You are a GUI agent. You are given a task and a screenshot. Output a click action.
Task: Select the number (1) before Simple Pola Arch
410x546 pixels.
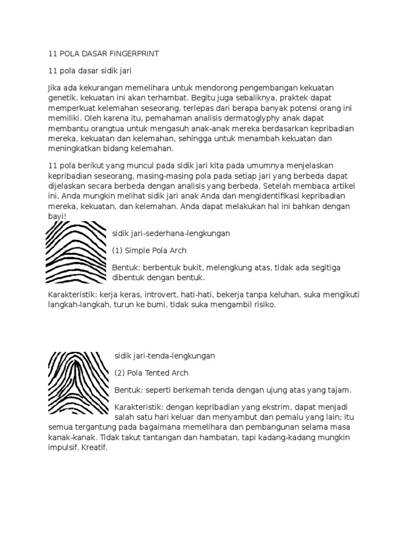[x=119, y=250]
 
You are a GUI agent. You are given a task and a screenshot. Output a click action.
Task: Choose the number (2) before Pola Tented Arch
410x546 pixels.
[x=121, y=373]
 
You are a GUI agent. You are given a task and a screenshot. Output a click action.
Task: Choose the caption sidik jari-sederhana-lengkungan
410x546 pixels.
[x=171, y=234]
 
